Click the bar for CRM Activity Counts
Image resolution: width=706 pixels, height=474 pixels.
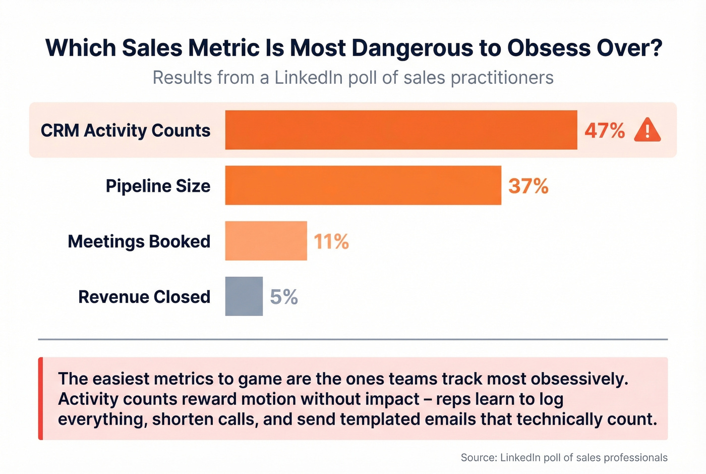[401, 130]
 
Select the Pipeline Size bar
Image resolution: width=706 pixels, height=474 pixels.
[363, 185]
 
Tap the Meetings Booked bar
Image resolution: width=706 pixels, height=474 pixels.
[266, 241]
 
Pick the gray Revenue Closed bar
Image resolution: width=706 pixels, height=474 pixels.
[244, 296]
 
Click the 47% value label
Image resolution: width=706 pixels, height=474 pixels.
[605, 130]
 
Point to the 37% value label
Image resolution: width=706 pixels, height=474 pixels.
[528, 186]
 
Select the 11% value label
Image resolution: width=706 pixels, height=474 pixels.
[331, 241]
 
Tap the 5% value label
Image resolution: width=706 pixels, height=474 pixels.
[284, 297]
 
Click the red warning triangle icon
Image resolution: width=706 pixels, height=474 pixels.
[647, 130]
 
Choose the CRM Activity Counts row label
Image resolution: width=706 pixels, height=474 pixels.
[126, 130]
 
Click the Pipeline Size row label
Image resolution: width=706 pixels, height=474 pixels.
[158, 186]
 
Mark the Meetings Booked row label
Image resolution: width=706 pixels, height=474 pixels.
[139, 241]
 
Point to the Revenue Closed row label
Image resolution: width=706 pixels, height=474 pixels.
[144, 297]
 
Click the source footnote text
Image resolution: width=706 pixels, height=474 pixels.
[564, 457]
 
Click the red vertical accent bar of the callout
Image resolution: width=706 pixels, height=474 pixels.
[41, 398]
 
